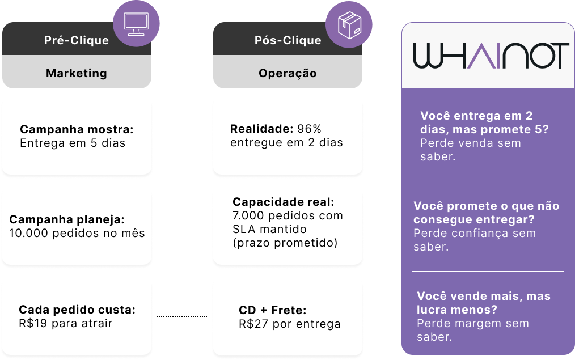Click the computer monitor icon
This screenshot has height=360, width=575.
coord(136,24)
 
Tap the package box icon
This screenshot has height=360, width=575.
coord(349,25)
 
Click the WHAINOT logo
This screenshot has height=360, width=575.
coord(491,56)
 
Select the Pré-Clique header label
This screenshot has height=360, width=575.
coord(77,40)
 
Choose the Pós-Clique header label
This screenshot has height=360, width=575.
coord(288,40)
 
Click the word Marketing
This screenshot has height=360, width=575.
coord(77,73)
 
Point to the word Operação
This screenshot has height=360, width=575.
coord(287,73)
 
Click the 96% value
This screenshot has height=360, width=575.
coord(309,129)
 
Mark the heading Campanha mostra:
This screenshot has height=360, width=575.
coord(77,129)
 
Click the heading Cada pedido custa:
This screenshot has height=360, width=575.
coord(77,310)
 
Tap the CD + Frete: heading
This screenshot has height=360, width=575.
coord(272,310)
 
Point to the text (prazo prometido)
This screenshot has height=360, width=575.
coord(285,243)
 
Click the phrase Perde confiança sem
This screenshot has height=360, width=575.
coord(475,233)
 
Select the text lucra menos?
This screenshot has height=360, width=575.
coord(457,310)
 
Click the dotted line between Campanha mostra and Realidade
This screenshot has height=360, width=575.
coord(182,137)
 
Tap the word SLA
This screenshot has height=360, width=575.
coord(243,229)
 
